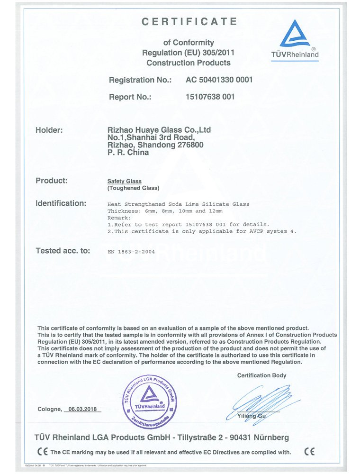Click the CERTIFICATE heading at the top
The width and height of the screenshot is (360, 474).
pyautogui.click(x=189, y=21)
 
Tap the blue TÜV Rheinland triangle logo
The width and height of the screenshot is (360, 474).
pyautogui.click(x=295, y=36)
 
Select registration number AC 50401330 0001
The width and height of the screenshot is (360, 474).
pyautogui.click(x=219, y=80)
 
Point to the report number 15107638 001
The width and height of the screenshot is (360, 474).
pyautogui.click(x=210, y=97)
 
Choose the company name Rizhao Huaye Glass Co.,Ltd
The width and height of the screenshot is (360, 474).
pyautogui.click(x=159, y=129)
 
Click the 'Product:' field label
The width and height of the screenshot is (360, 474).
pyautogui.click(x=52, y=181)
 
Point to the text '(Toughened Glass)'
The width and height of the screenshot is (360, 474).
pyautogui.click(x=130, y=188)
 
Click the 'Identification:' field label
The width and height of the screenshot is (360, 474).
pyautogui.click(x=61, y=203)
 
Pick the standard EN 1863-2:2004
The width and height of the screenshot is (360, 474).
pyautogui.click(x=131, y=252)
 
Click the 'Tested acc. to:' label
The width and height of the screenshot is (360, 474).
pyautogui.click(x=63, y=251)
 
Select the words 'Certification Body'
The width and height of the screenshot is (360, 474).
pyautogui.click(x=261, y=375)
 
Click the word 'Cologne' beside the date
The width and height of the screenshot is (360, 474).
pyautogui.click(x=49, y=409)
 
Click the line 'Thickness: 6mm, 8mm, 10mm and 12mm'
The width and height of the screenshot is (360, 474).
pyautogui.click(x=165, y=211)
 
